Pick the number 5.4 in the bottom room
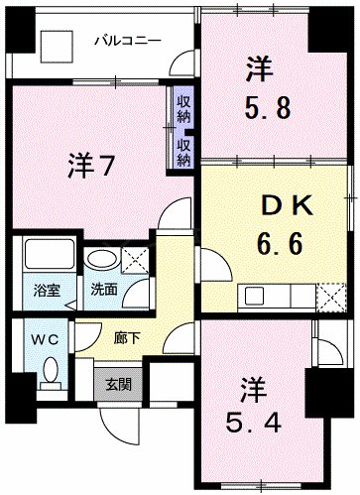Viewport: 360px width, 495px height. pos(255,414)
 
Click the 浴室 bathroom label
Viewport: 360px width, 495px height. pos(47,292)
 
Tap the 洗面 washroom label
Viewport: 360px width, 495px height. pos(104,292)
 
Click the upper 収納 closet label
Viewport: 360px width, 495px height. pos(183,109)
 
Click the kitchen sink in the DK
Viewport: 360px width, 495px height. pos(255,294)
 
